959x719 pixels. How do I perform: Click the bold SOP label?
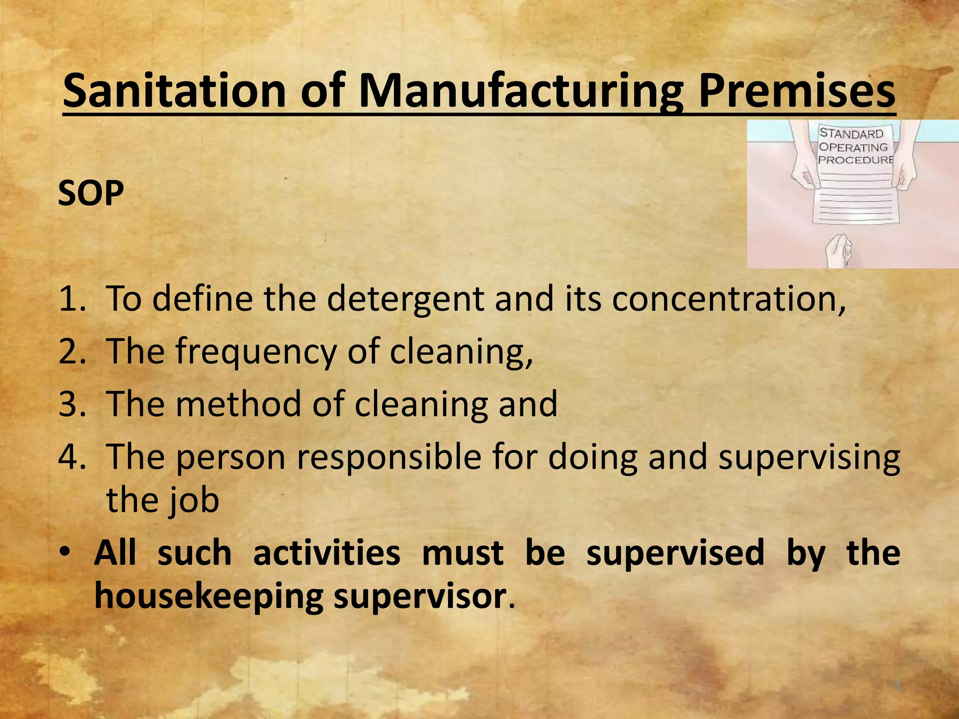tap(91, 193)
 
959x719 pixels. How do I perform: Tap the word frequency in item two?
tap(256, 352)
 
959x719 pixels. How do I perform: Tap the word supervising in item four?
tap(809, 458)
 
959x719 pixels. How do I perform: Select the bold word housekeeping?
tap(209, 596)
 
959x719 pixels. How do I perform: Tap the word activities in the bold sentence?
tap(326, 553)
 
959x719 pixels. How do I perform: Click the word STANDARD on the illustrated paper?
tap(851, 134)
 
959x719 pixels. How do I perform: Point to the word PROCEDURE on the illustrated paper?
tap(855, 160)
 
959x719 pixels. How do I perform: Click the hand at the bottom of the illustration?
tap(839, 251)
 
